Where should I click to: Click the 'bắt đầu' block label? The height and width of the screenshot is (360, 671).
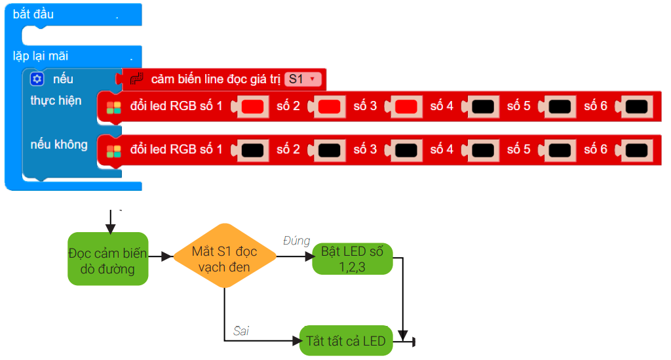[x=33, y=14]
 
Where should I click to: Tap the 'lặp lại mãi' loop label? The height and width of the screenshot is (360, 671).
[x=41, y=56]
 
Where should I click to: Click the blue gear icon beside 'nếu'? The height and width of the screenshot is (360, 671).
[x=37, y=79]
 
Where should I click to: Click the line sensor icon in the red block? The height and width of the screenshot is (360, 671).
[x=136, y=79]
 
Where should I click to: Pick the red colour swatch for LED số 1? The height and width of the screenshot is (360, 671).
[x=252, y=106]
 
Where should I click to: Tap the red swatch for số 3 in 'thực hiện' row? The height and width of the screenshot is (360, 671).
[x=406, y=106]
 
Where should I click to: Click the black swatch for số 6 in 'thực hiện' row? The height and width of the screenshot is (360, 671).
[x=636, y=106]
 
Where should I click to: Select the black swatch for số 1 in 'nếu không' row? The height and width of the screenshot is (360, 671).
[x=252, y=150]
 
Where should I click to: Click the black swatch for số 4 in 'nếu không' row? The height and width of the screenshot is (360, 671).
[x=482, y=150]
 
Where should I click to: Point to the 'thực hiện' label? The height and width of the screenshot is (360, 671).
[x=56, y=101]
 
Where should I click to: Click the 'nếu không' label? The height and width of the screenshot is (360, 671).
[x=59, y=144]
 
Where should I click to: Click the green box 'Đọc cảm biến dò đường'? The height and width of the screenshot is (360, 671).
[x=108, y=258]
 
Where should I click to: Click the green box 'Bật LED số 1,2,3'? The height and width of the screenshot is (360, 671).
[x=352, y=258]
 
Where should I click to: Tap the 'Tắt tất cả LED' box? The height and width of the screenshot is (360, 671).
[x=345, y=341]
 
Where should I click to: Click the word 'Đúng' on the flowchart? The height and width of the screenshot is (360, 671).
[x=296, y=241]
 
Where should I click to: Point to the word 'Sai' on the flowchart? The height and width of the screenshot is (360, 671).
[x=240, y=331]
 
